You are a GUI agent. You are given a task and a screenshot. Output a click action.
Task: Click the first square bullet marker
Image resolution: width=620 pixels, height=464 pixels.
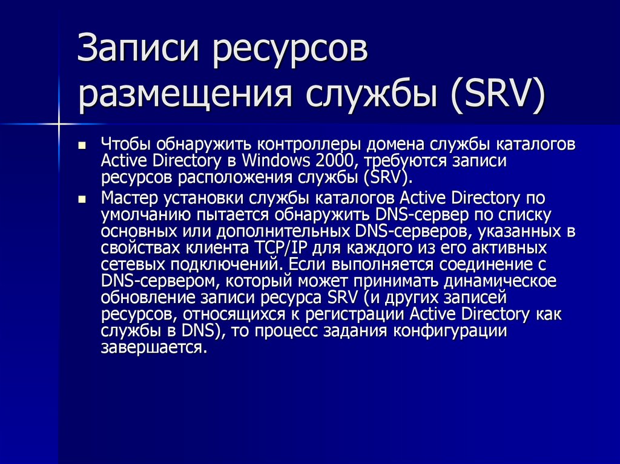pos(83,146)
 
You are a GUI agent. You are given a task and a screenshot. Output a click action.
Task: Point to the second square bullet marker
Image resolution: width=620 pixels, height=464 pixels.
pos(83,198)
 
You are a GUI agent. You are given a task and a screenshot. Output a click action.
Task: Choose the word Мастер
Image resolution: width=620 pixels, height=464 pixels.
pos(128,198)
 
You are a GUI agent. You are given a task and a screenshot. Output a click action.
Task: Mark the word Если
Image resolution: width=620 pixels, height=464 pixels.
pos(308,264)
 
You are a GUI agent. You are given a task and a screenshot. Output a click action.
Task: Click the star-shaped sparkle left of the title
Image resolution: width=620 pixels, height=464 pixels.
pos(59,124)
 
